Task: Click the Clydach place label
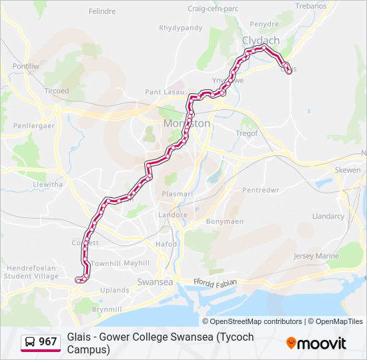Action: [x=261, y=41]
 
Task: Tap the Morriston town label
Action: [x=187, y=124]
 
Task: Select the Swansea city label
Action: [x=154, y=282]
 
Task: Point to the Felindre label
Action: [x=102, y=11]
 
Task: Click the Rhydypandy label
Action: [x=180, y=28]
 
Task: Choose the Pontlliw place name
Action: [x=26, y=67]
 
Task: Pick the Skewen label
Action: [x=347, y=170]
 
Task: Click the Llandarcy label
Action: [x=328, y=217]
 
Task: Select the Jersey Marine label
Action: [x=316, y=256]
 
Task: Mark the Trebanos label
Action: [x=311, y=5]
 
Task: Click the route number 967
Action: [x=48, y=342]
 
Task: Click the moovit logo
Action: [x=316, y=343]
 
